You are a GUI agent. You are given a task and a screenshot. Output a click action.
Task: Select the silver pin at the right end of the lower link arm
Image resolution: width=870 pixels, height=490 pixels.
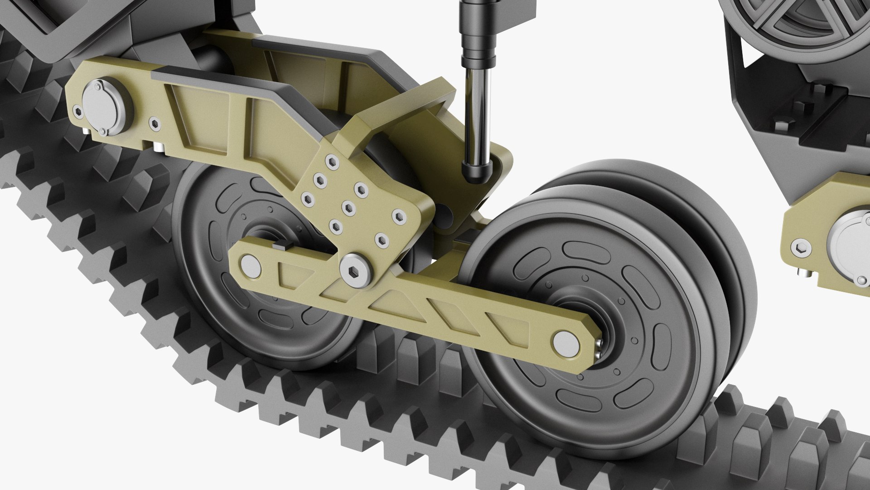pos(566,343)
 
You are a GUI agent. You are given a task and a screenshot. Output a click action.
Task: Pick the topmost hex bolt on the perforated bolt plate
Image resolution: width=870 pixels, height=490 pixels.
pos(332,161)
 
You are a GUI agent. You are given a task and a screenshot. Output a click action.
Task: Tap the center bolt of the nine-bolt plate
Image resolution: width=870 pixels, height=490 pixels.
pos(349,208)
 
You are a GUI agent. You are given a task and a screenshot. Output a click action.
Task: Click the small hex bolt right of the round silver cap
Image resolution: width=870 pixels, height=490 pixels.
pos(155,123)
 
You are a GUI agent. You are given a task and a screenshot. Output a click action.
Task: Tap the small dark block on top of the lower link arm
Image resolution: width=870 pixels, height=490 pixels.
pos(280,246)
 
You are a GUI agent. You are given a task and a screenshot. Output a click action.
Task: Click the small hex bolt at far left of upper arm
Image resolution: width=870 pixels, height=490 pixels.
pos(78,111)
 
